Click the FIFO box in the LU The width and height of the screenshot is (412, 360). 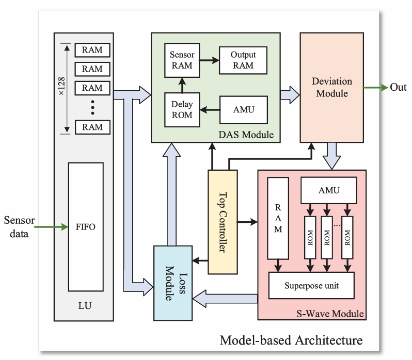[85, 227]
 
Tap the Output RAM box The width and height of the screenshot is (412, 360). [243, 59]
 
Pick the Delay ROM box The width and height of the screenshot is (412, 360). [182, 109]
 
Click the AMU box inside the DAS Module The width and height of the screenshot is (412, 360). [243, 109]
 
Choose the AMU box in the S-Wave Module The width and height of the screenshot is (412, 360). [329, 190]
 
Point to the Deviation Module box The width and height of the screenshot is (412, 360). [332, 88]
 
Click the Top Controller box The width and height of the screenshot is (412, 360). [223, 222]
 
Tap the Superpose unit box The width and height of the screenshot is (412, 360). [311, 285]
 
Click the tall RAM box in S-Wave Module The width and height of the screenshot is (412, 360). [278, 219]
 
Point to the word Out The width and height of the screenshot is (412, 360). [398, 87]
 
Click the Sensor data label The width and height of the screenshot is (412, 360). [19, 227]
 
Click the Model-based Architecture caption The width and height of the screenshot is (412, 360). [291, 340]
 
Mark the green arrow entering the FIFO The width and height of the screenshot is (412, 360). [52, 226]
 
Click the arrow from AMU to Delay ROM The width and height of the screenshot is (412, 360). [210, 109]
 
